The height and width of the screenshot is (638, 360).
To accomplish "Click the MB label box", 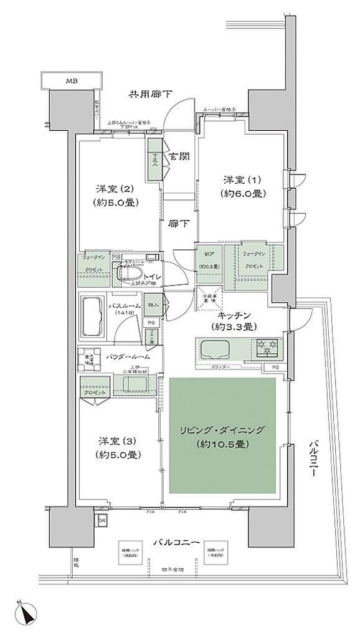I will coord(72,80).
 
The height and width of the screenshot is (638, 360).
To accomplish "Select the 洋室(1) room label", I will coord(245,186).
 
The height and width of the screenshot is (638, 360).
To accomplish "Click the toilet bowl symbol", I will coord(128,273).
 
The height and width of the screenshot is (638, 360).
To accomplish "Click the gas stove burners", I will coord(268,346).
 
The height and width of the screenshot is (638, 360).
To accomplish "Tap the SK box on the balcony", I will coord(101,519).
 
